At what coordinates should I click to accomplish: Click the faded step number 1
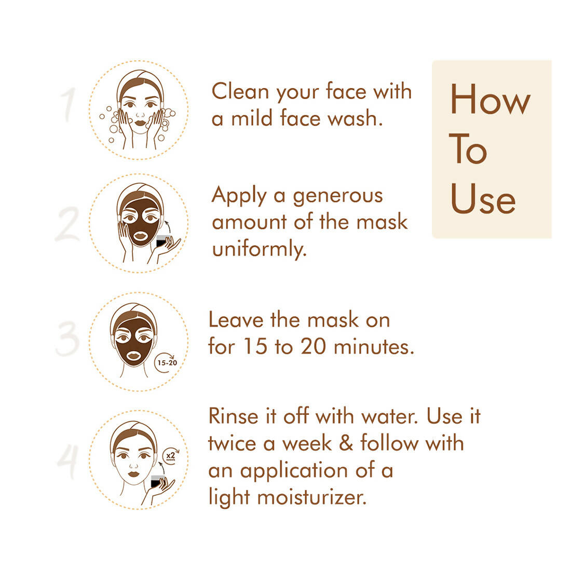pyautogui.click(x=69, y=105)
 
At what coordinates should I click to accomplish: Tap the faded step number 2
pyautogui.click(x=67, y=224)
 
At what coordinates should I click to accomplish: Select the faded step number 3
pyautogui.click(x=68, y=338)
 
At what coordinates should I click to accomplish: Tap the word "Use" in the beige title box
pyautogui.click(x=483, y=198)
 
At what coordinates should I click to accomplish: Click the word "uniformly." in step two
pyautogui.click(x=259, y=250)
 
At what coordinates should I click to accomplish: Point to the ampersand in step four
pyautogui.click(x=346, y=443)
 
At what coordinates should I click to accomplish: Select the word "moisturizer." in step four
pyautogui.click(x=312, y=497)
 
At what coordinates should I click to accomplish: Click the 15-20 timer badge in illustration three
pyautogui.click(x=167, y=362)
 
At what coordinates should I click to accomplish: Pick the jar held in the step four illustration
pyautogui.click(x=158, y=481)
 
